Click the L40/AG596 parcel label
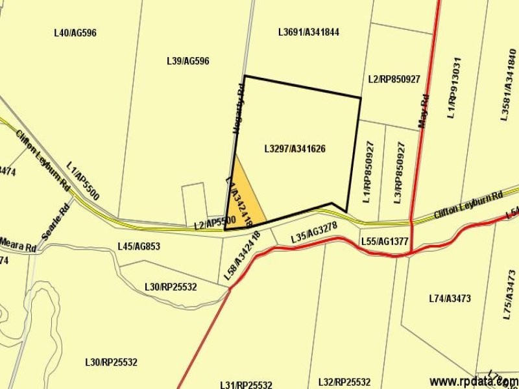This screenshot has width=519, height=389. [x=75, y=32]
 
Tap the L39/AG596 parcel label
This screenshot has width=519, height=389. [x=188, y=61]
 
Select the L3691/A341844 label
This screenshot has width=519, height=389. [x=309, y=32]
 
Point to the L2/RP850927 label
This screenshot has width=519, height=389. [x=394, y=79]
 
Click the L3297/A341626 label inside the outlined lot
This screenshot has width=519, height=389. [x=295, y=149]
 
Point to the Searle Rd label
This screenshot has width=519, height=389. [x=56, y=223]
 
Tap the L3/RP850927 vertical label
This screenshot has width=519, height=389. [x=398, y=172]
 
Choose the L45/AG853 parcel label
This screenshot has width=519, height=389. [x=139, y=246]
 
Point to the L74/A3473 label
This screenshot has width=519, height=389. [x=450, y=299]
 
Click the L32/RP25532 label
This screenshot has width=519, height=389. [x=344, y=382]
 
